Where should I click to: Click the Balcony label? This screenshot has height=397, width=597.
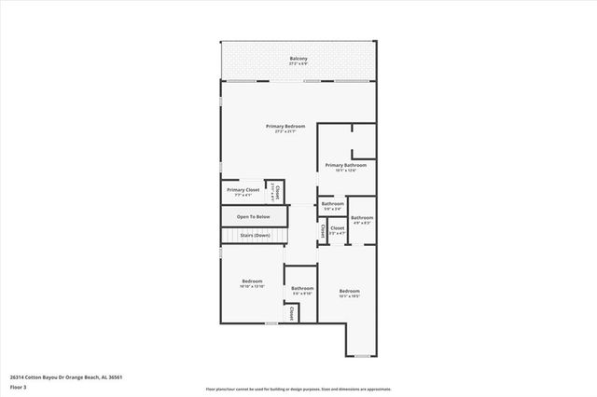tap(298, 59)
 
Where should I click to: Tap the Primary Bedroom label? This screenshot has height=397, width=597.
tap(285, 126)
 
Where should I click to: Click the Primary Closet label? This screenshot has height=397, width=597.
tap(242, 189)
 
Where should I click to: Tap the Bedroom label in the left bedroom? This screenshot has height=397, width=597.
tap(252, 281)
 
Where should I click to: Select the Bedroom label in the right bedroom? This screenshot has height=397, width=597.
tap(349, 291)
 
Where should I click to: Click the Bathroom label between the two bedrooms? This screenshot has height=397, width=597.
tap(302, 289)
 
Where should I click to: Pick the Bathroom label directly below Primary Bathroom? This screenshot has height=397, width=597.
tap(333, 203)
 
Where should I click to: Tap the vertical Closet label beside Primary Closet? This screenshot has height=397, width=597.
tap(276, 191)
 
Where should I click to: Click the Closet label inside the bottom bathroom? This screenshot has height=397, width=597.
tap(292, 314)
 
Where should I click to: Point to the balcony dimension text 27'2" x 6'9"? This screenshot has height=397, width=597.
tap(298, 64)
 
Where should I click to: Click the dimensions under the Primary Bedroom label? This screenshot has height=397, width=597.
tap(285, 131)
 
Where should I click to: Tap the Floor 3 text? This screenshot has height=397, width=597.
tap(18, 387)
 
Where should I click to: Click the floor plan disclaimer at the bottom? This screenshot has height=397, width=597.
tap(298, 388)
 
